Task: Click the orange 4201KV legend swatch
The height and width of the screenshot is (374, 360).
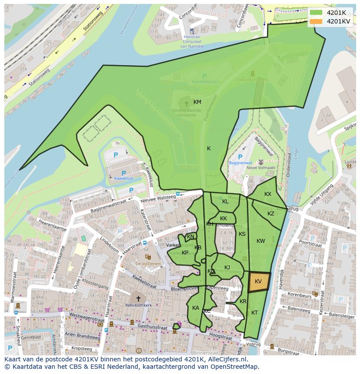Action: tap(317, 21)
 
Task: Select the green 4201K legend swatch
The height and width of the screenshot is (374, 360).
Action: tap(317, 13)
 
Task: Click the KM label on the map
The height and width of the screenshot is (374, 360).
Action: tap(197, 102)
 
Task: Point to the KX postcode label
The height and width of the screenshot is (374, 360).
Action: tap(268, 194)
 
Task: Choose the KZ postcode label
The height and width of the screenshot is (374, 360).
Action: tap(271, 214)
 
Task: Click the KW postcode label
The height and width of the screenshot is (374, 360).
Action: tap(260, 241)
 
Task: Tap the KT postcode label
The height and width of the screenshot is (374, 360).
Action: tap(254, 313)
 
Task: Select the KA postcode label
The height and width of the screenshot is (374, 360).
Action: tap(196, 308)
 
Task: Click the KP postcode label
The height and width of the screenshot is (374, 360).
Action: tap(185, 253)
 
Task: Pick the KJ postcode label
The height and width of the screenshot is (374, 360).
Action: tap(227, 268)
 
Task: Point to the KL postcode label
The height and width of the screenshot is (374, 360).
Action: tap(225, 202)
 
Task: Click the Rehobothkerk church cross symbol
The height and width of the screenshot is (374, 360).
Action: tap(138, 298)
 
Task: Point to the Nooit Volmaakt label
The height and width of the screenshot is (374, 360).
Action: tap(261, 168)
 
